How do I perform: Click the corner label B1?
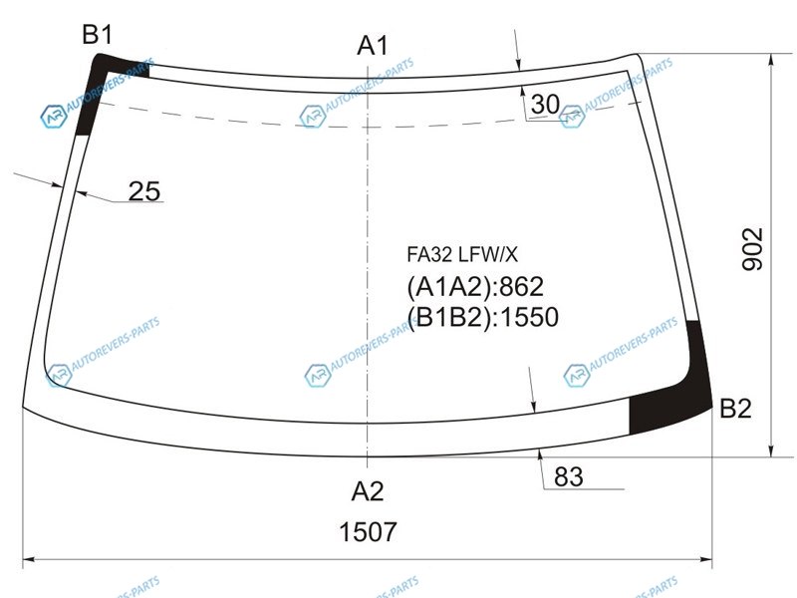(x=97, y=35)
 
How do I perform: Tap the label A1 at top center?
(x=373, y=46)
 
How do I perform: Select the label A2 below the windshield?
(x=368, y=491)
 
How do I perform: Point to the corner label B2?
(x=735, y=409)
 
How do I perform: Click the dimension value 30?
(x=545, y=105)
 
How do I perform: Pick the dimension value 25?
(x=144, y=191)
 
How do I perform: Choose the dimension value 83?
(x=569, y=477)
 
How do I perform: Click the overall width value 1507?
(x=368, y=532)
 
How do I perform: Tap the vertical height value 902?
(x=753, y=249)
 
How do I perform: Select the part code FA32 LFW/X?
(x=462, y=254)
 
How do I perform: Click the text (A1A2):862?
(x=475, y=287)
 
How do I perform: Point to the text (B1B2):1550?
(x=483, y=317)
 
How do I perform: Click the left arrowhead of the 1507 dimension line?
(x=29, y=559)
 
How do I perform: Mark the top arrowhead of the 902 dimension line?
(x=771, y=60)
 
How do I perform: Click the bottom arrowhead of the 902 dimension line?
(x=771, y=450)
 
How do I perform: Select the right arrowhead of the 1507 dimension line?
(x=706, y=559)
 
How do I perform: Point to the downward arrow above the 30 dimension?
(x=517, y=49)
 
